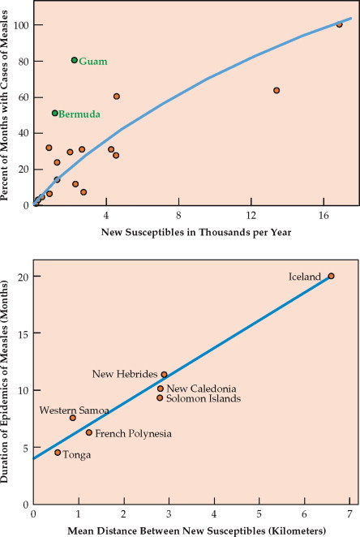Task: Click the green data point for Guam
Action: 74,60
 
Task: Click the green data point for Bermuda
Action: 54,114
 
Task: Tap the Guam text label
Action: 92,62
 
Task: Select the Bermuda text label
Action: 79,115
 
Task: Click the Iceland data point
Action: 331,276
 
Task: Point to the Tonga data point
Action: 58,453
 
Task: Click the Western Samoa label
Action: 74,410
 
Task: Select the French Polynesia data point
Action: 89,432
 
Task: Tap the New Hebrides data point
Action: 164,375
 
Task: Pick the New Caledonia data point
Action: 160,389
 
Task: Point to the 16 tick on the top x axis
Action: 324,216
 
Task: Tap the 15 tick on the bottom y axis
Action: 22,333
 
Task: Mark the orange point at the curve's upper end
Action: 339,24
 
